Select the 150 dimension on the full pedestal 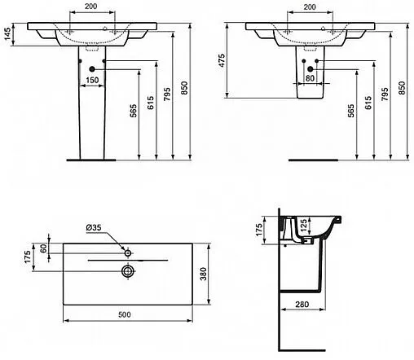93,80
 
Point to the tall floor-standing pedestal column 93,122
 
